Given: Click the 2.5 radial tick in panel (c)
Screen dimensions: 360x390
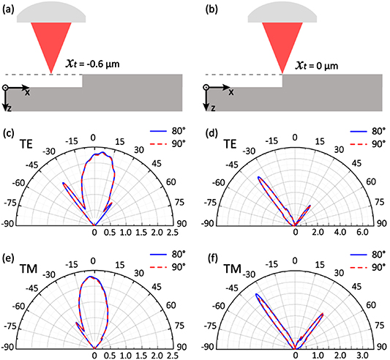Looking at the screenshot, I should (171, 233).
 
